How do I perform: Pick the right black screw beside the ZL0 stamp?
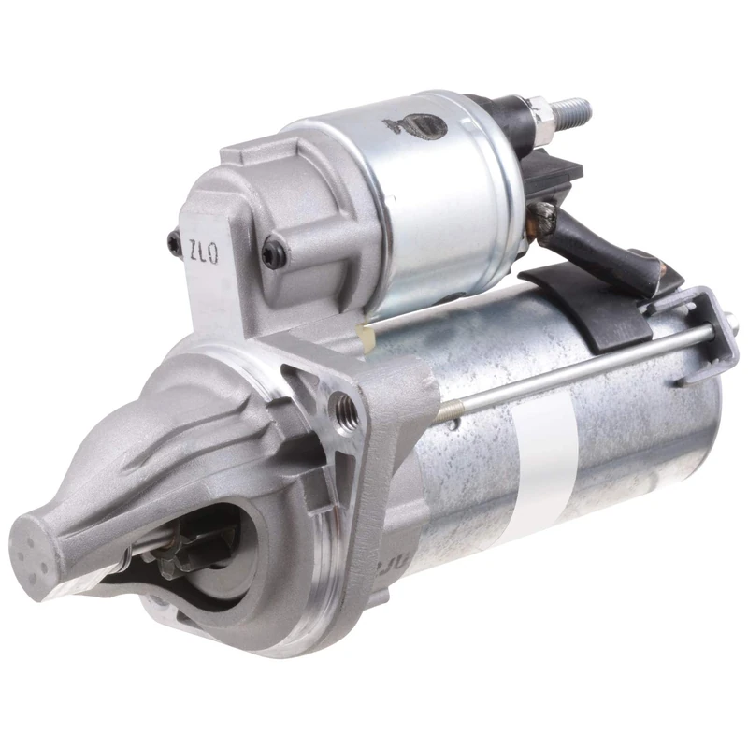[x=272, y=251]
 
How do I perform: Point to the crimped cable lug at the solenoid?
[x=542, y=220]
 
